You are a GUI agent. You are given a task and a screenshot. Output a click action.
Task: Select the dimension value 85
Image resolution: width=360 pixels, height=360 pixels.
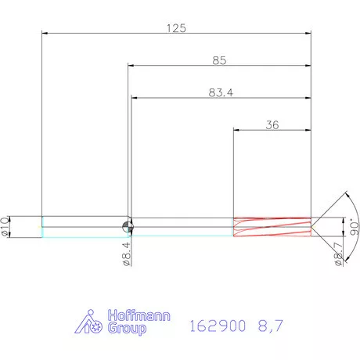219,59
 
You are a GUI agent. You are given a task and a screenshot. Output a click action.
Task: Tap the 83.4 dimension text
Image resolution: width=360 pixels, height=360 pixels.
221,92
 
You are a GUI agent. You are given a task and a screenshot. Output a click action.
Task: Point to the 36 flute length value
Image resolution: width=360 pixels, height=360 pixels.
272,124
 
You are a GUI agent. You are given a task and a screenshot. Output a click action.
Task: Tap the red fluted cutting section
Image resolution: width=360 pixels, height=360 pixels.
272,226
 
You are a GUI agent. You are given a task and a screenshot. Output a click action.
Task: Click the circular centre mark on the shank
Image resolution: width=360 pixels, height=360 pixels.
128,226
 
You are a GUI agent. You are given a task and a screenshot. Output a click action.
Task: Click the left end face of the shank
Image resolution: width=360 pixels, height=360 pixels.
41,226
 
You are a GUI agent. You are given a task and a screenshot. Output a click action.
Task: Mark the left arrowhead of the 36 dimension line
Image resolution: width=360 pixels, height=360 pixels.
237,131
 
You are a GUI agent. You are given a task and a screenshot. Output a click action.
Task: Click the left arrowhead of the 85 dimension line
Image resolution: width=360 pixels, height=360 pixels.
131,66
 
